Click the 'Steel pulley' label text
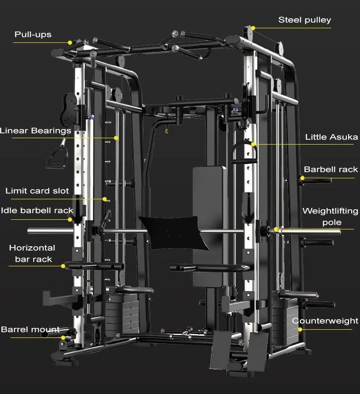click(304, 20)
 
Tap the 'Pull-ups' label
click(33, 34)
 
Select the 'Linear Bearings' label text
click(36, 131)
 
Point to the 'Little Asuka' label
click(331, 137)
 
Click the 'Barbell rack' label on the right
click(331, 170)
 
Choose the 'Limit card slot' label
click(37, 191)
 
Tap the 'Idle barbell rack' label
click(37, 211)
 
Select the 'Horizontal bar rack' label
click(32, 254)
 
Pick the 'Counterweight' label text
click(325, 321)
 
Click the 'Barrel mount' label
click(30, 329)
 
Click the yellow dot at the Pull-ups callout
click(70, 42)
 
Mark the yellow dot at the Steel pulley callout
click(252, 27)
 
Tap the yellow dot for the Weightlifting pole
click(276, 229)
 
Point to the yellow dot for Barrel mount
click(63, 337)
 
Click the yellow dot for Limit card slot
click(104, 199)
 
